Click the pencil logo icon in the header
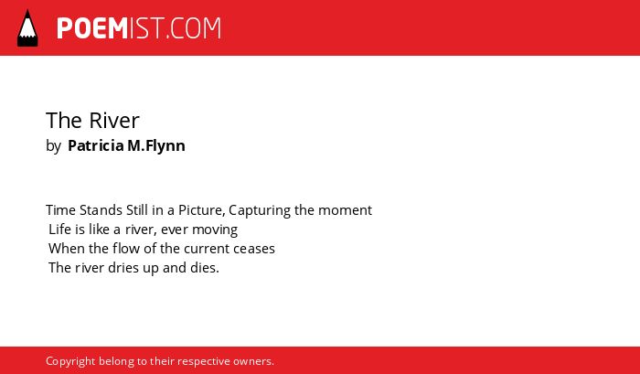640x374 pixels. tap(27, 28)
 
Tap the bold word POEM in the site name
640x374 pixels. tap(92, 28)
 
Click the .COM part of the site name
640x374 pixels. tap(193, 28)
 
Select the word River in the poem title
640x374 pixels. tap(114, 121)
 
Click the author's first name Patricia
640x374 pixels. tap(95, 145)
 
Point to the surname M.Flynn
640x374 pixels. tap(156, 146)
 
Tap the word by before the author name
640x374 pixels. tap(53, 146)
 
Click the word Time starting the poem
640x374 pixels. tap(61, 210)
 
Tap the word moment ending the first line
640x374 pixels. tap(345, 210)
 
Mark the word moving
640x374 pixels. tap(215, 230)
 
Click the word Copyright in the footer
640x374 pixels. tap(70, 362)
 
